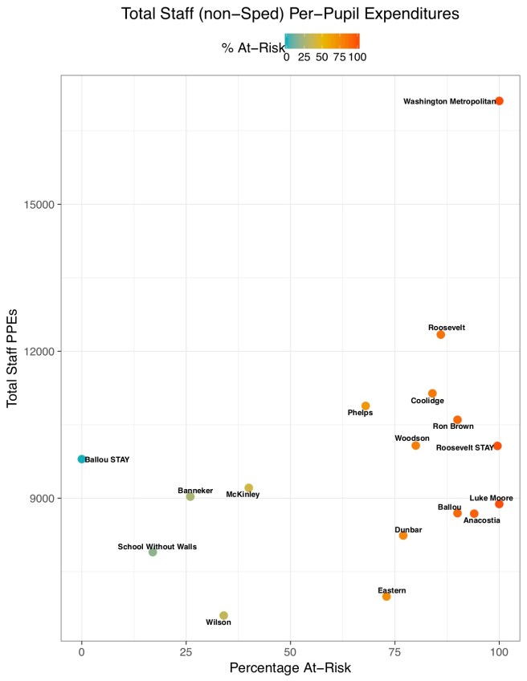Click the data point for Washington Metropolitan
pyautogui.click(x=499, y=101)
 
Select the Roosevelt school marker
pyautogui.click(x=440, y=334)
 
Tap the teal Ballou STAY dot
pyautogui.click(x=81, y=459)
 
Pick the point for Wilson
pyautogui.click(x=223, y=615)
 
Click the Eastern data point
pyautogui.click(x=386, y=596)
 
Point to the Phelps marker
pyautogui.click(x=366, y=406)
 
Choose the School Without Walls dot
pyautogui.click(x=153, y=552)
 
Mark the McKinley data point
pyautogui.click(x=248, y=487)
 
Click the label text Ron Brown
pyautogui.click(x=453, y=426)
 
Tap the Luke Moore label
pyautogui.click(x=491, y=498)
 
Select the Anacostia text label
pyautogui.click(x=482, y=520)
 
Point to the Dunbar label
pyautogui.click(x=408, y=530)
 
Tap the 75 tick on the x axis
pyautogui.click(x=394, y=651)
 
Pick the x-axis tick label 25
pyautogui.click(x=186, y=651)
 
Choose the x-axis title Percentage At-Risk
pyautogui.click(x=290, y=668)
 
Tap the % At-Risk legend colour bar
pyautogui.click(x=322, y=42)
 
